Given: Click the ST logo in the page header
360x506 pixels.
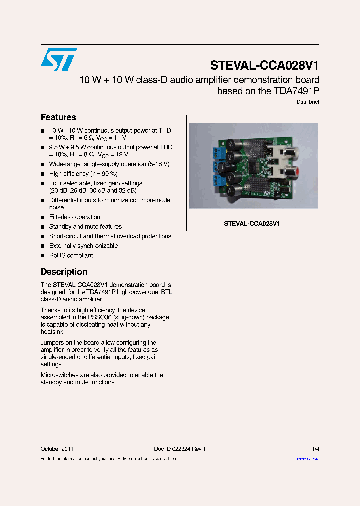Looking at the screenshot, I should (x=59, y=59).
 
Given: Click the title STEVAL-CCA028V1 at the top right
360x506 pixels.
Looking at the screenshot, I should (x=264, y=66).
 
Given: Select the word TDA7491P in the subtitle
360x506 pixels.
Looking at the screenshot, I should (x=290, y=91).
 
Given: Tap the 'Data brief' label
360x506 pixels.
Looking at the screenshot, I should (x=308, y=102).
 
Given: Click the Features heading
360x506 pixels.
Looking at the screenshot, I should (x=58, y=117).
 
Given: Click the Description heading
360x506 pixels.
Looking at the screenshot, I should (x=64, y=272).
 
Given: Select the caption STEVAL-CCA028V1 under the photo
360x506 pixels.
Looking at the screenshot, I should (x=252, y=224).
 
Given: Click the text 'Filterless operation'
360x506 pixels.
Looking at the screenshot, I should (x=75, y=217).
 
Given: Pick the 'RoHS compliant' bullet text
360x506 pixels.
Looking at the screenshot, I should (x=71, y=255).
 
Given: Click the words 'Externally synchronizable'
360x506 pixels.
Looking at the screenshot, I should (x=83, y=246).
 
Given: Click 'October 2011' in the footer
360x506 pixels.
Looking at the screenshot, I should (x=57, y=449).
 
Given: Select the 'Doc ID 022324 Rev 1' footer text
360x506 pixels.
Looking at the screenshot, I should (x=180, y=449).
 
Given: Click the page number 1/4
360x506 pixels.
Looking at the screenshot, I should (x=315, y=449).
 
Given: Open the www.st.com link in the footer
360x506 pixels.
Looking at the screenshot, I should (x=308, y=459).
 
